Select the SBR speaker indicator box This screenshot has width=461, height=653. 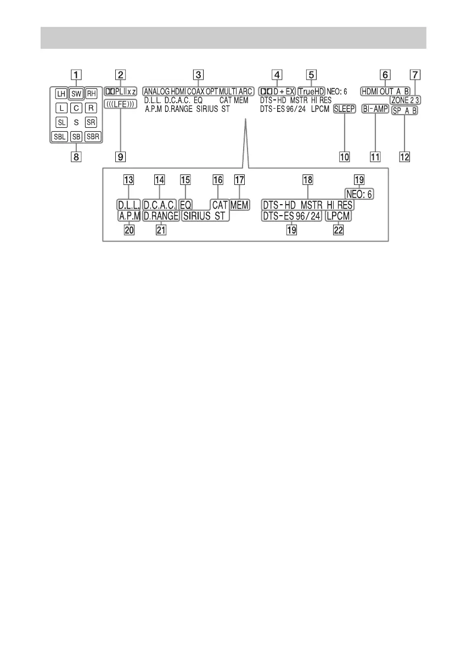[93, 137]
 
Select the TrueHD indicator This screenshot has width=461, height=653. [311, 90]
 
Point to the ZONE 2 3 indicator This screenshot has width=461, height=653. [402, 100]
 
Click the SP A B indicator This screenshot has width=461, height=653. [405, 110]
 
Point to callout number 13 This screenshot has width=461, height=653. [128, 179]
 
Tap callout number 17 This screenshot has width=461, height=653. [239, 179]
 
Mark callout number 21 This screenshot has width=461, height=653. [161, 231]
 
